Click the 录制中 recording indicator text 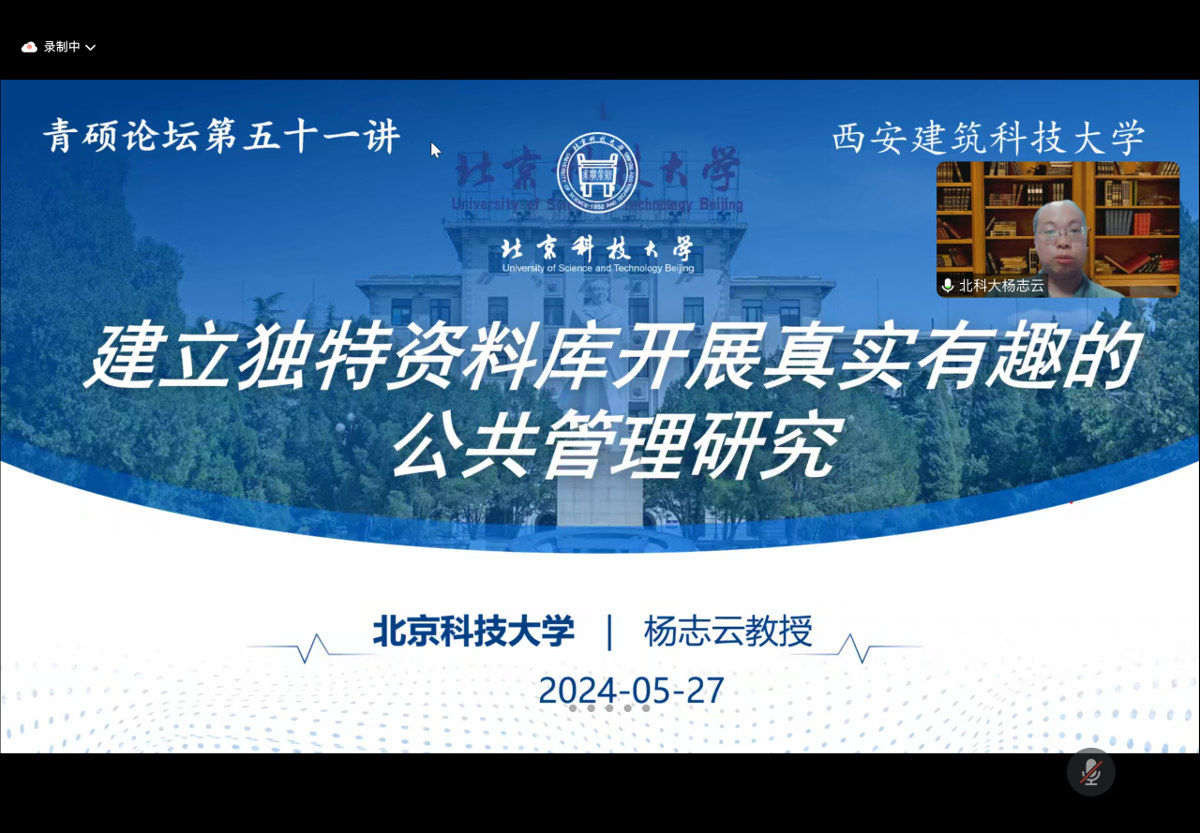[x=62, y=47]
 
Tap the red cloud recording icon [x=29, y=48]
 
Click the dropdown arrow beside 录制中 [x=91, y=48]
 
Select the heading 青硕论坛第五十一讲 [x=222, y=137]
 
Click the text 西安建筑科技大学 [x=989, y=138]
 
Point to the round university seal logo [x=597, y=173]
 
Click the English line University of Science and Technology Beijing [x=598, y=268]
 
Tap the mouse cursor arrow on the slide [x=436, y=150]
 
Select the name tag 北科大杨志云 [x=1002, y=286]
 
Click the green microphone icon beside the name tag [x=947, y=286]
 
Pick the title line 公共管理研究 [x=617, y=444]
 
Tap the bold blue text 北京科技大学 [x=473, y=631]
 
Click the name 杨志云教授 [x=728, y=632]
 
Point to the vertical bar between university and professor [x=609, y=632]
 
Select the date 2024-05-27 [x=632, y=690]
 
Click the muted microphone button [x=1090, y=772]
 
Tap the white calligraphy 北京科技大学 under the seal [x=597, y=249]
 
